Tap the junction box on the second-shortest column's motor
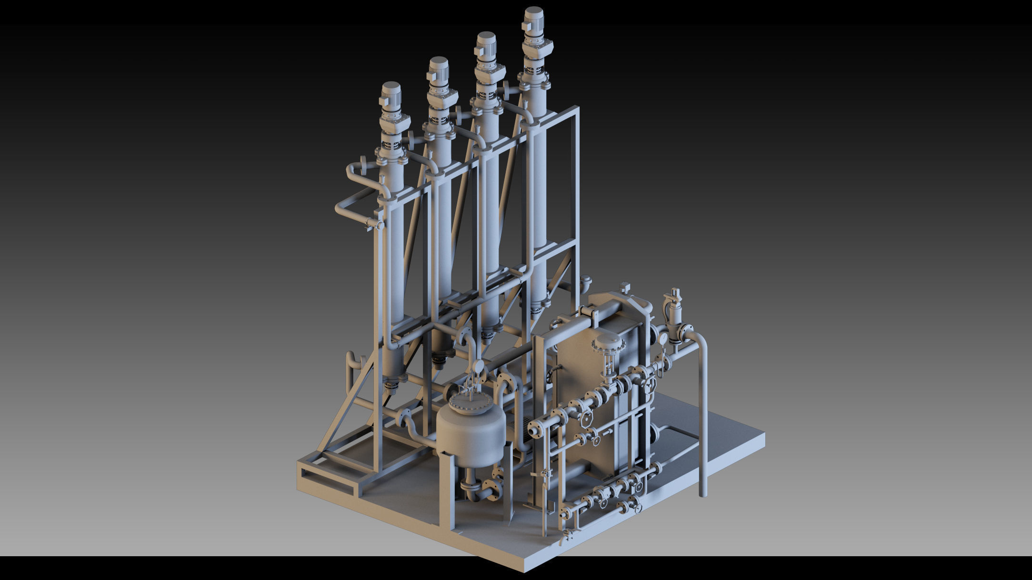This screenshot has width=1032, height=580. [x=431, y=77]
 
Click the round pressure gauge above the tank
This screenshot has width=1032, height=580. [x=478, y=365]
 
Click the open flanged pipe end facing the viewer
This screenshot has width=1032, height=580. [x=535, y=429]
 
